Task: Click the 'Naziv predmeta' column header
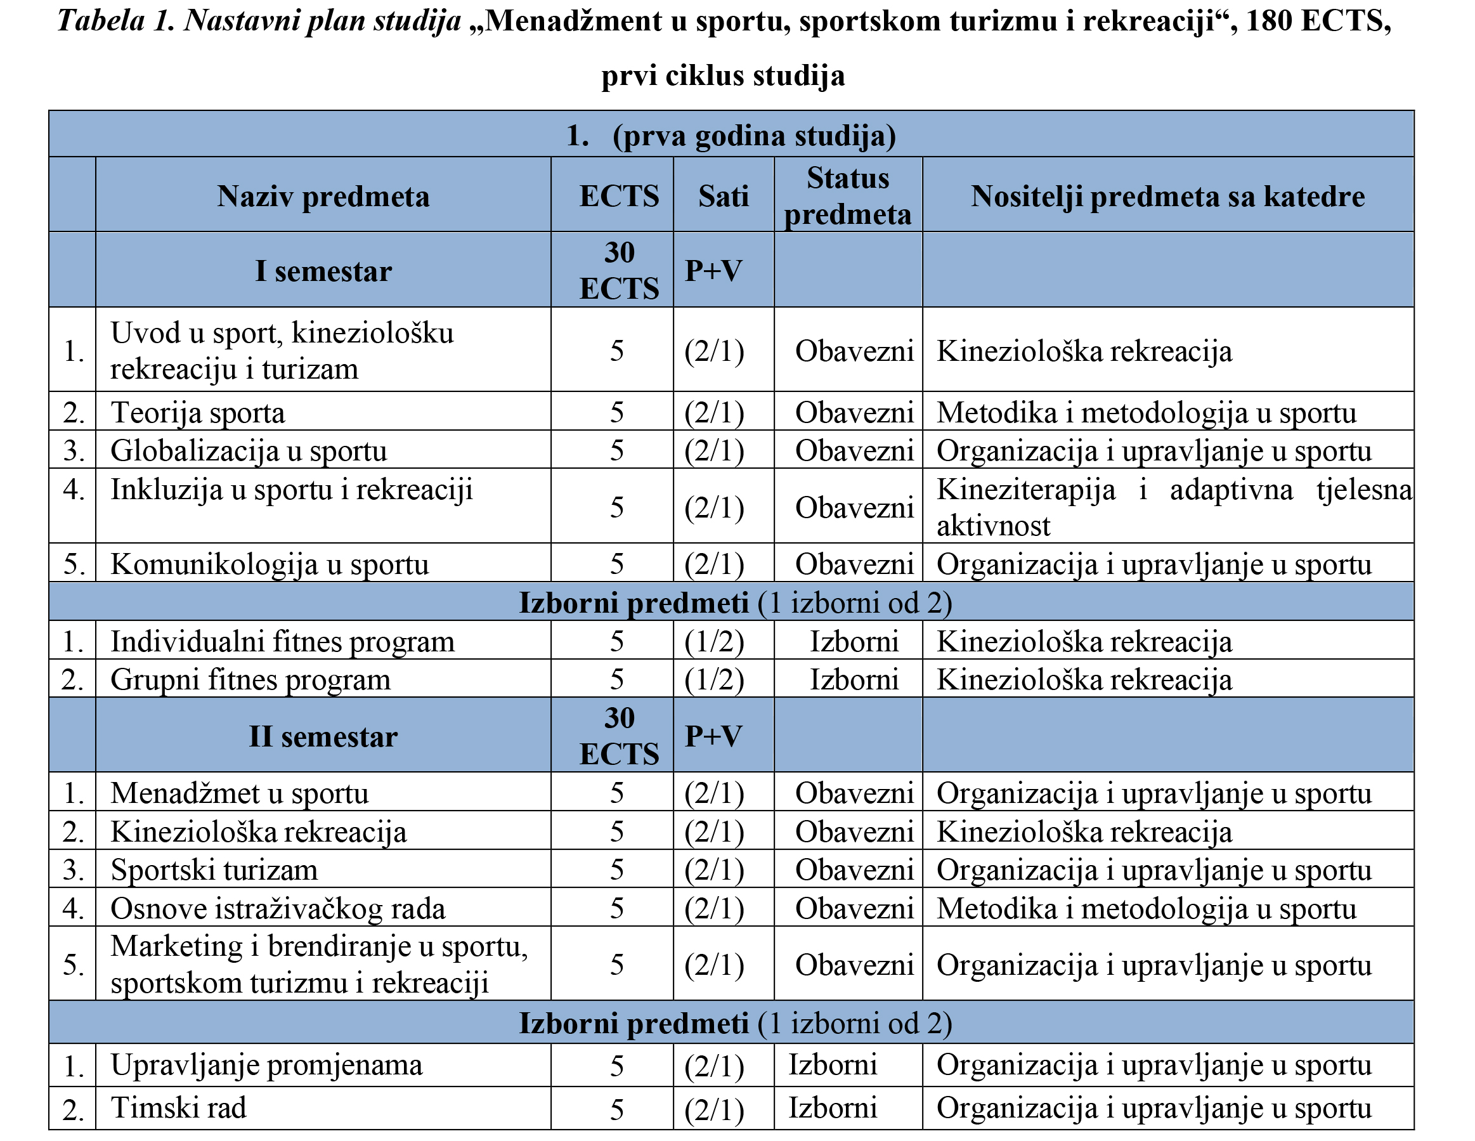coord(323,197)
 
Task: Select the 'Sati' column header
coord(724,197)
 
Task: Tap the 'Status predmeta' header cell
coord(848,197)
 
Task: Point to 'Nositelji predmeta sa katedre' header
coord(1167,197)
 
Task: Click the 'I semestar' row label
coord(323,271)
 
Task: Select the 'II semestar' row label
coord(323,736)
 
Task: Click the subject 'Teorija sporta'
coord(198,413)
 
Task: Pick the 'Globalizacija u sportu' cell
coord(249,450)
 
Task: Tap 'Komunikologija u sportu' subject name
coord(270,564)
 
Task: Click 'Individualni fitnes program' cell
coord(282,641)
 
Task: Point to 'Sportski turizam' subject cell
coord(214,870)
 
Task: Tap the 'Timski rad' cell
coord(178,1108)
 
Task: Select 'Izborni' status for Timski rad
coord(833,1108)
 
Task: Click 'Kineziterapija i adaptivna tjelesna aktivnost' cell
coord(1173,507)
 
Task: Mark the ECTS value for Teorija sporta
coord(616,413)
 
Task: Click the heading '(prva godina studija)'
coord(753,136)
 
